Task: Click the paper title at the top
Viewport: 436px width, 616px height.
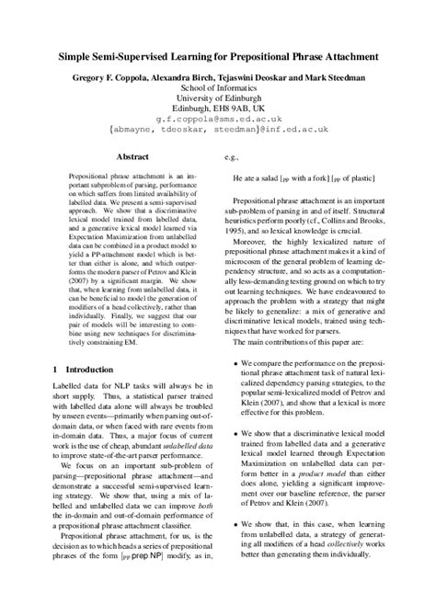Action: point(218,58)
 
